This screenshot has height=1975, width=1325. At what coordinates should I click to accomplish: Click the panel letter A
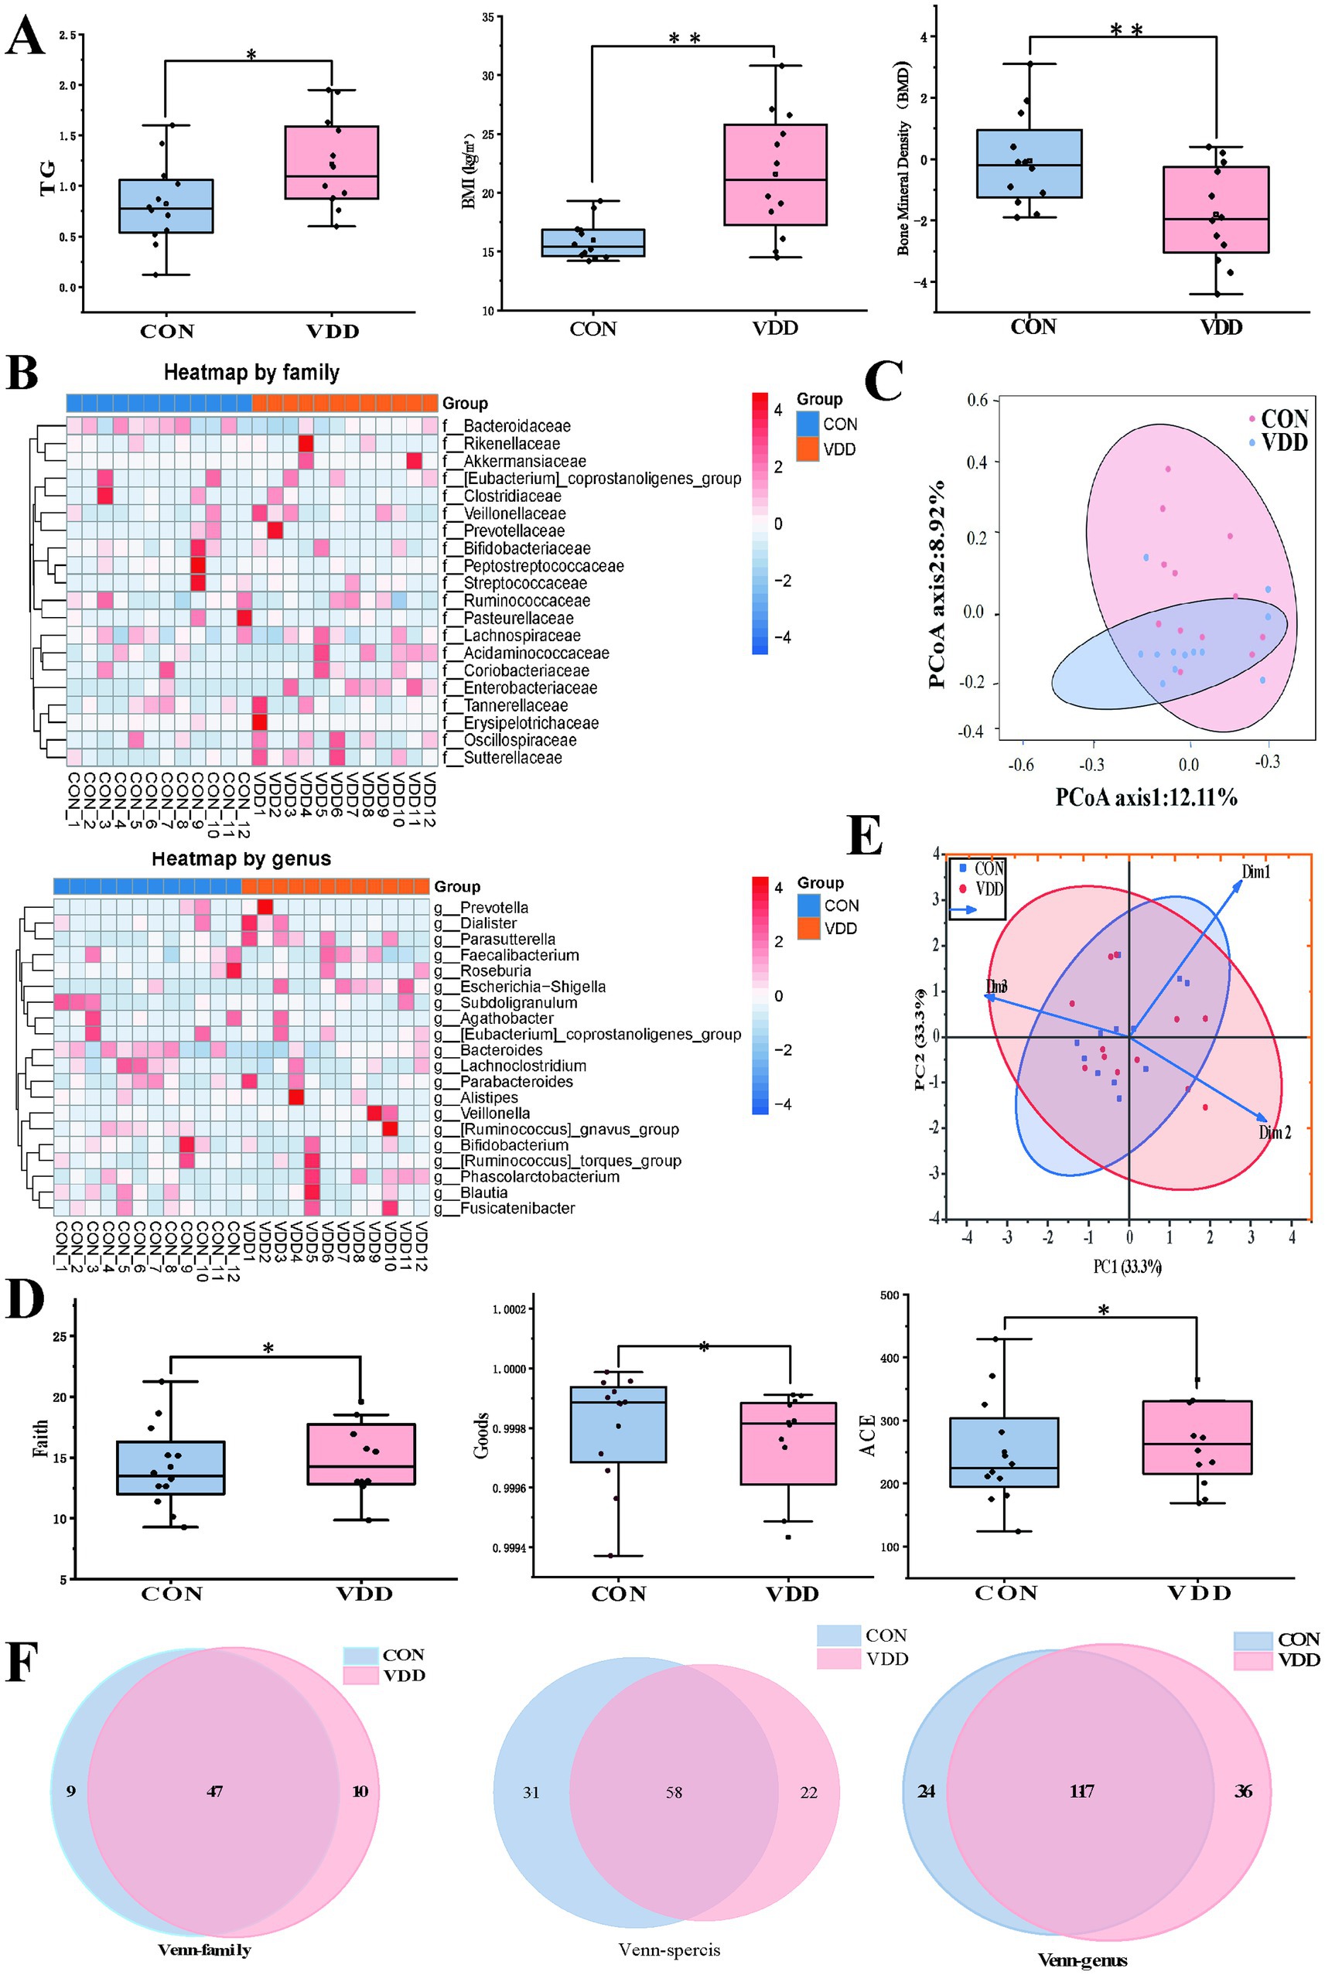coord(25,39)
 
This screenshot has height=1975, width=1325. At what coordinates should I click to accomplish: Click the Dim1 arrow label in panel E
coord(1255,872)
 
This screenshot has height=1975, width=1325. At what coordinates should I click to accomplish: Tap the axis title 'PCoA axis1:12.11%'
coord(1146,796)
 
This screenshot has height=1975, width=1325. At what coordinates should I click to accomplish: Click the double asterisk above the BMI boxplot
coord(685,38)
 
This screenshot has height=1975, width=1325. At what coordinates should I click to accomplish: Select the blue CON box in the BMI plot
coord(592,243)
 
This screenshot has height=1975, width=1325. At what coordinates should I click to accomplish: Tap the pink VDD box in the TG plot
coord(331,162)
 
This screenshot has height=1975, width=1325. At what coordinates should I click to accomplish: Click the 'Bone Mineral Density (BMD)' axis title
coord(904,158)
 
